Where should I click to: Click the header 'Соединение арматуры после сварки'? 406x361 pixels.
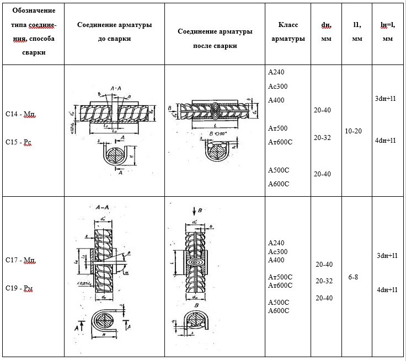tap(215, 39)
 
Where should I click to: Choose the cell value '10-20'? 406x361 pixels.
tap(354, 131)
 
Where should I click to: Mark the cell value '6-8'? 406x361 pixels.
tap(353, 277)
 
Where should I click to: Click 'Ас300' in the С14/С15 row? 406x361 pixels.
tap(277, 87)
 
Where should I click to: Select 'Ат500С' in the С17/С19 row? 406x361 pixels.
tap(280, 277)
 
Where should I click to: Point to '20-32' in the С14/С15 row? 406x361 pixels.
tap(323, 137)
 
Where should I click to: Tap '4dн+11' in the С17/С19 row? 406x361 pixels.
tap(387, 290)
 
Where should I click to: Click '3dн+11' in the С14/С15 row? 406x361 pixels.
tap(386, 99)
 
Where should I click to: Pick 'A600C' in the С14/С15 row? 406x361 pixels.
tap(279, 184)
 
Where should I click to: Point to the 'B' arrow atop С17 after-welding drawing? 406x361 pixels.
tap(196, 211)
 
